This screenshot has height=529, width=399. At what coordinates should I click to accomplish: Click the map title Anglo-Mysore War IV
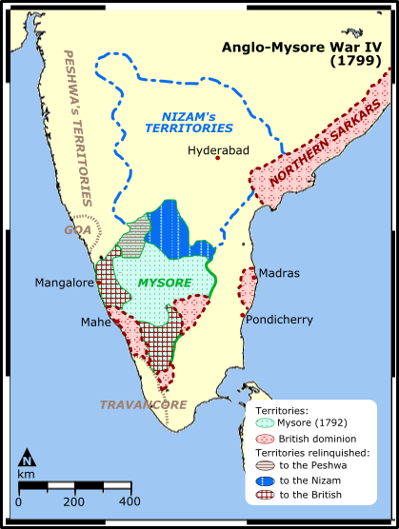[302, 46]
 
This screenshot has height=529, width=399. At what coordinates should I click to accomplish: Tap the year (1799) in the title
[356, 60]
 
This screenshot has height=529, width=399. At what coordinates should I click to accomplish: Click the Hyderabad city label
[218, 150]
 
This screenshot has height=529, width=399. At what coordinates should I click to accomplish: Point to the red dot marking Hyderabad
[218, 160]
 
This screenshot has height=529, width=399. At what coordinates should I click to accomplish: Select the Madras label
[279, 273]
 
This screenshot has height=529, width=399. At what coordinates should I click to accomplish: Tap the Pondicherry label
[279, 320]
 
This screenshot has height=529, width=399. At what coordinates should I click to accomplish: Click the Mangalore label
[64, 283]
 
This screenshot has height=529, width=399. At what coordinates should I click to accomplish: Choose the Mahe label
[96, 323]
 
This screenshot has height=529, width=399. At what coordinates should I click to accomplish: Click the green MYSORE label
[164, 283]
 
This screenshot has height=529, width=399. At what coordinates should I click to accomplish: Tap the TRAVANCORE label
[143, 405]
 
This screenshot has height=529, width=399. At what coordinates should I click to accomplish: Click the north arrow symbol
[28, 459]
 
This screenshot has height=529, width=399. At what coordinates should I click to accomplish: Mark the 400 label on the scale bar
[129, 500]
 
